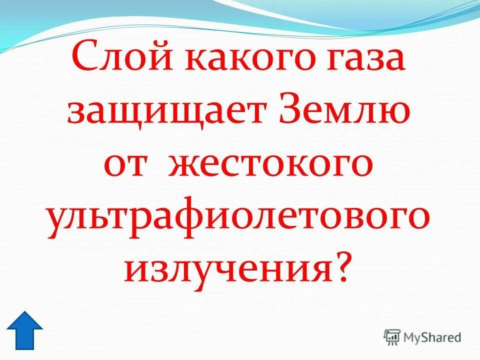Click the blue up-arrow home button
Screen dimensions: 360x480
25,330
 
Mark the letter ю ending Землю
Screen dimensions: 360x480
395,114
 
